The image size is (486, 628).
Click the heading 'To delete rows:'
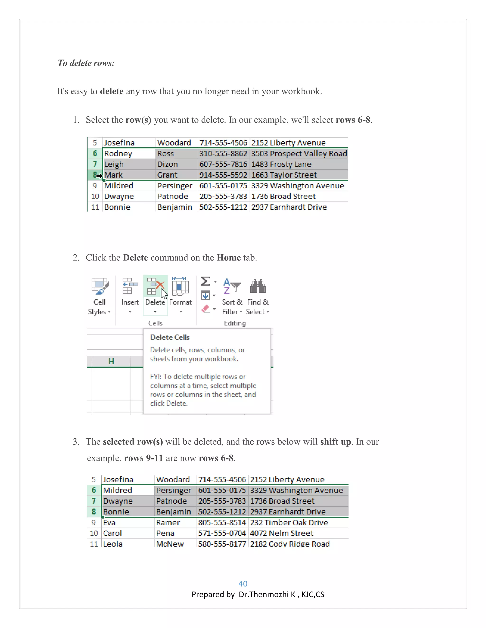click(86, 63)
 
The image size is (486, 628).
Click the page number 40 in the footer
click(243, 583)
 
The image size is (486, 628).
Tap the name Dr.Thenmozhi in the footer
click(264, 594)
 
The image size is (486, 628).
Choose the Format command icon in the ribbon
click(180, 287)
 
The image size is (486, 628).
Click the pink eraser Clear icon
click(206, 309)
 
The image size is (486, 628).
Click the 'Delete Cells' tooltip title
click(170, 337)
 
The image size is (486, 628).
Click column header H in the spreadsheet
click(111, 361)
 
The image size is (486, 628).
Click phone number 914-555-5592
click(223, 175)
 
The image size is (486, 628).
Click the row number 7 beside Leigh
click(95, 164)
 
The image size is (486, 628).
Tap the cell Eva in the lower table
click(109, 523)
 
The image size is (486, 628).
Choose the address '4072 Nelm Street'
click(281, 533)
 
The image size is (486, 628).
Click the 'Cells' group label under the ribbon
click(155, 323)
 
